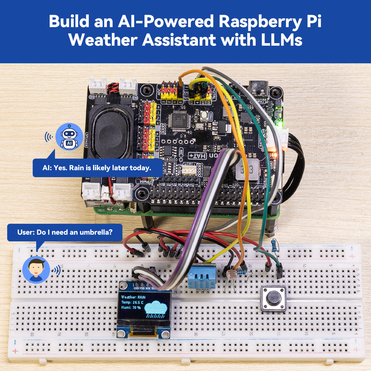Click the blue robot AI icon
click(x=69, y=137)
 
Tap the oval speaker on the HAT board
click(x=109, y=132)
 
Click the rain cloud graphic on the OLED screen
click(x=156, y=308)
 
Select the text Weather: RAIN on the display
click(x=133, y=297)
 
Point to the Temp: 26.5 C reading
click(x=132, y=303)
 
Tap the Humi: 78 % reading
click(x=131, y=308)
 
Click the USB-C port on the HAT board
click(x=258, y=88)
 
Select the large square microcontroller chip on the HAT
click(x=179, y=120)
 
